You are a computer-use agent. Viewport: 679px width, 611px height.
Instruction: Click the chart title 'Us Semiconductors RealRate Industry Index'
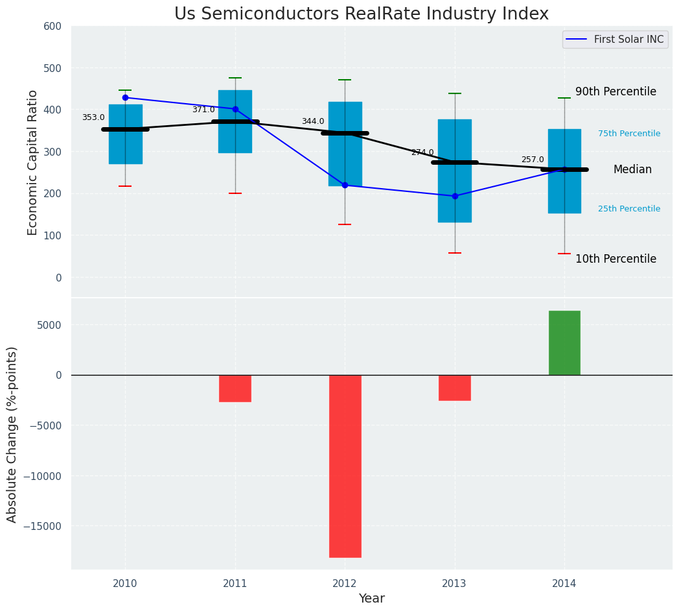(361, 14)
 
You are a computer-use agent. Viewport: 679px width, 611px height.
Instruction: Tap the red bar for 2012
(345, 466)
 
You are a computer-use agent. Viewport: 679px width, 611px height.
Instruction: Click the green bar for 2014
(564, 342)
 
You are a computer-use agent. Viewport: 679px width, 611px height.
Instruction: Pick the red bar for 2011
(235, 388)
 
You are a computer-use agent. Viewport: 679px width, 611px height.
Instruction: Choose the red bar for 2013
(454, 387)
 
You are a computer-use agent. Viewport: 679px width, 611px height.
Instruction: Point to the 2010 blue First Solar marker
(125, 98)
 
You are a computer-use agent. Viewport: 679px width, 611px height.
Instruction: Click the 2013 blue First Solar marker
(455, 196)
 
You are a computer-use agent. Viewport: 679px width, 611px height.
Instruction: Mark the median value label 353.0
(93, 117)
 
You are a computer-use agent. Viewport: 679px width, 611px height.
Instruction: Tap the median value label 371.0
(203, 110)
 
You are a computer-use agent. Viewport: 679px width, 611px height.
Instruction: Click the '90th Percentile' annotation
(616, 91)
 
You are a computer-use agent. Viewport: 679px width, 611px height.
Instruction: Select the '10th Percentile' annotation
(616, 259)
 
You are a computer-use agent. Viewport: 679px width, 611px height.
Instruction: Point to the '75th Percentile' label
(629, 134)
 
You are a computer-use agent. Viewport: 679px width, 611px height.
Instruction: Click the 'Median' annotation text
(632, 169)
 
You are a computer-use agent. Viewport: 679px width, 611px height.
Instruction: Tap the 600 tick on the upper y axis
(52, 26)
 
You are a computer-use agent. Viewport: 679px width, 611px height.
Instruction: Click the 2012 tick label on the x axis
(345, 584)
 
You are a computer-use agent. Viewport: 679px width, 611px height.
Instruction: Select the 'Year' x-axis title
(372, 599)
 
